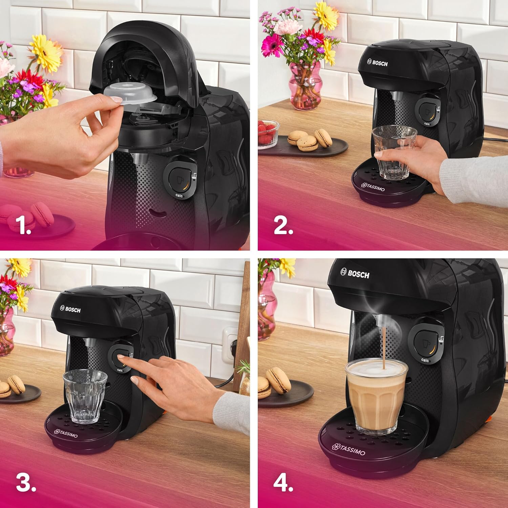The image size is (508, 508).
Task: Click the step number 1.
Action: [23, 225]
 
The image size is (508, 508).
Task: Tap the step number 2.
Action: [283, 225]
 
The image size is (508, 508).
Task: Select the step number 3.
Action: [26, 482]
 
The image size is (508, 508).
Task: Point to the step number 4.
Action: [283, 482]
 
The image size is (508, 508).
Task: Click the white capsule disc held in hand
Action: [130, 93]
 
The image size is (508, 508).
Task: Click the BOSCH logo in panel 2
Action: [377, 63]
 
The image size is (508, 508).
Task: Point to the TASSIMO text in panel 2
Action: [373, 187]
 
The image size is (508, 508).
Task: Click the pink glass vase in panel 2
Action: [305, 86]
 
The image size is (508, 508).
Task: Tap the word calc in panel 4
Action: [425, 360]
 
